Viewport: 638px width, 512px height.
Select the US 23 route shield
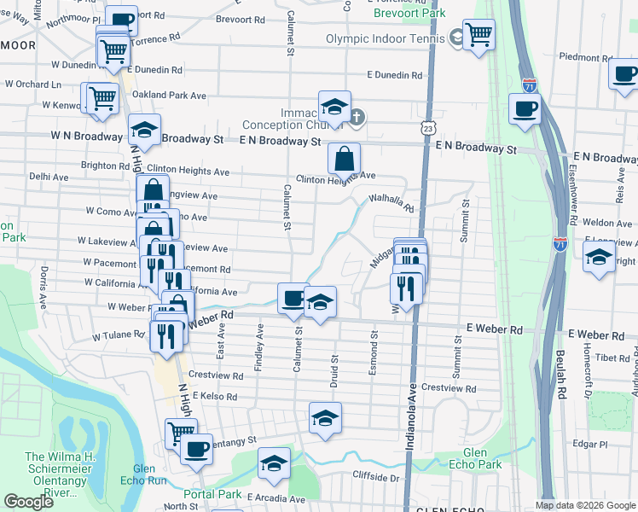pos(426,127)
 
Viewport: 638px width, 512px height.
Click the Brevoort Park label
pos(409,14)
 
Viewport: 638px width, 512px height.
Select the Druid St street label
pos(335,371)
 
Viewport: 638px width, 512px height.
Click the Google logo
pos(28,502)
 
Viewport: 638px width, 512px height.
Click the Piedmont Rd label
pos(585,58)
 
